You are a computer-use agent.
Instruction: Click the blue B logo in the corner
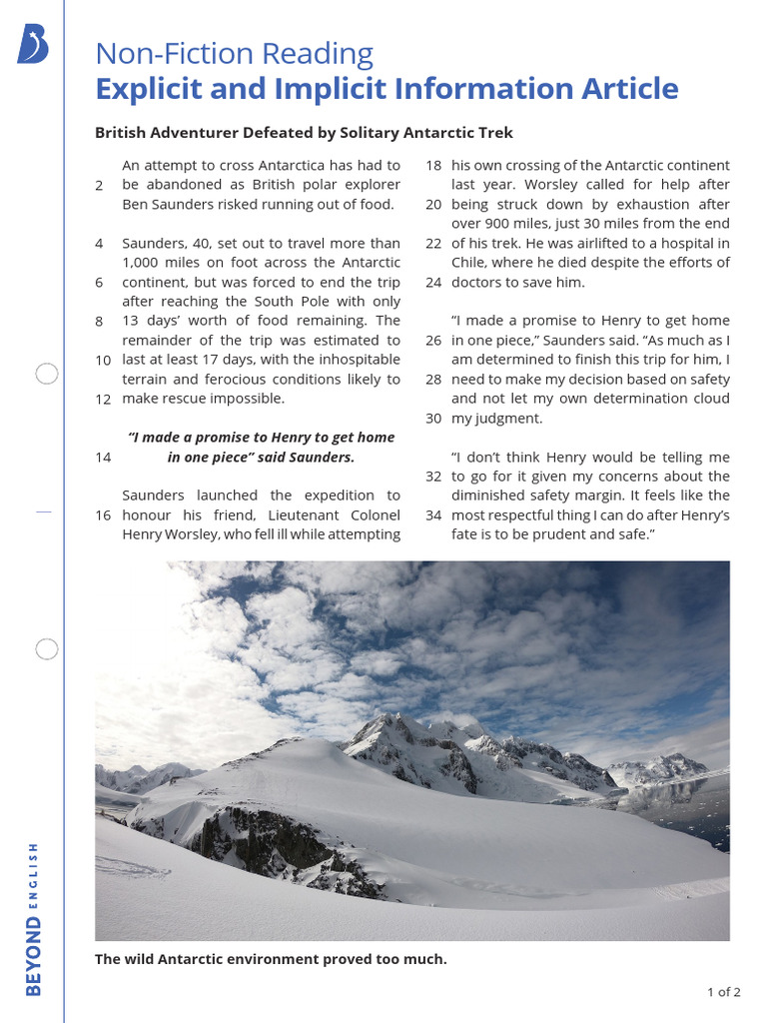point(32,46)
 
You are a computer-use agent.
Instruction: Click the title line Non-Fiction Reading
point(234,53)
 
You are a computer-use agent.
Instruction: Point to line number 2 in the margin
point(99,185)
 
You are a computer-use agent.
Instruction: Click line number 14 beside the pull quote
point(102,457)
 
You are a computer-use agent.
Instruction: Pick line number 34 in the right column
point(433,514)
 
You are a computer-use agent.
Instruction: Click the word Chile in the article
point(470,262)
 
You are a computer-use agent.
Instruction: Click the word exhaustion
point(630,204)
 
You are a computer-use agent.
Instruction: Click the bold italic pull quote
point(261,447)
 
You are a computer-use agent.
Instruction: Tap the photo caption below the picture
point(271,959)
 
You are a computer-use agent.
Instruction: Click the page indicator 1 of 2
point(723,992)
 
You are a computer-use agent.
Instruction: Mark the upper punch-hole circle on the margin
point(46,375)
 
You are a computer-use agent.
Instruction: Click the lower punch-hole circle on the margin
point(46,649)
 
